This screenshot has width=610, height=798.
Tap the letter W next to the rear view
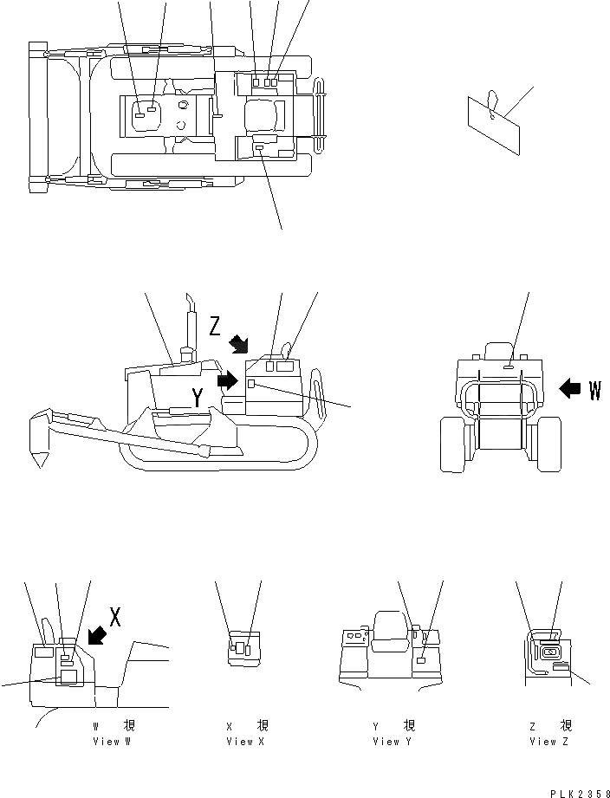tap(594, 390)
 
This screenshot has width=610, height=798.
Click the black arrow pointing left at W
tap(570, 389)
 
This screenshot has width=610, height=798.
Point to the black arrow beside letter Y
tap(228, 380)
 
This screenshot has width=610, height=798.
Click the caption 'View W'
tap(113, 742)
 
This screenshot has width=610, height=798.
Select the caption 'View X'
tap(239, 742)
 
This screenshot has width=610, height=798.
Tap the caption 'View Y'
tap(386, 742)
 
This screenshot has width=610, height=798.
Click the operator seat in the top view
tap(264, 115)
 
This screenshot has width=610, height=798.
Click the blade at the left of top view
tap(38, 115)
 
